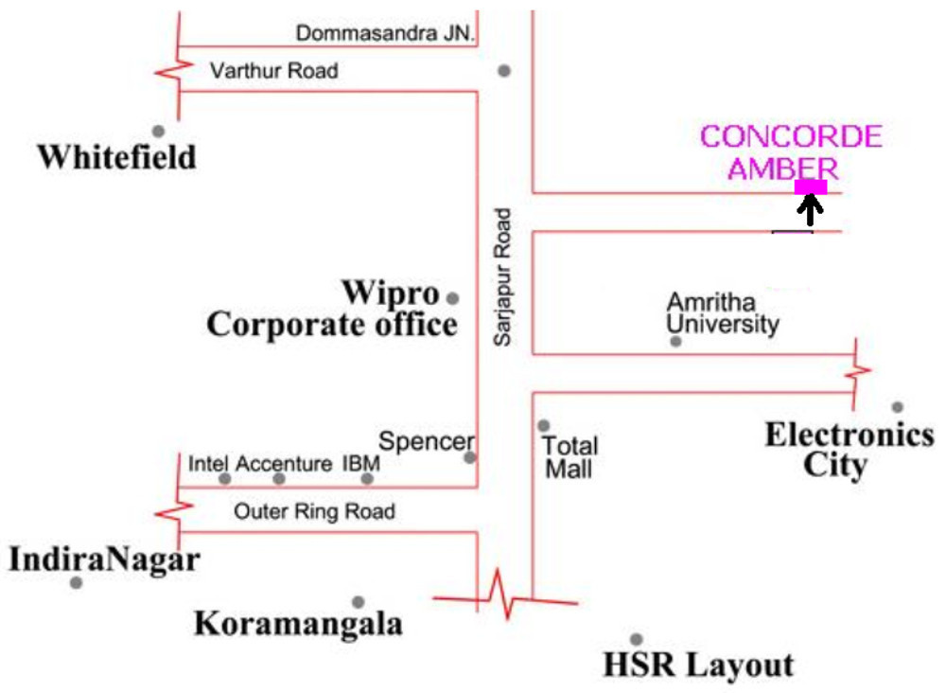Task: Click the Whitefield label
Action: point(116,156)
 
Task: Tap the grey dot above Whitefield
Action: point(158,132)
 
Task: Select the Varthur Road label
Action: point(273,71)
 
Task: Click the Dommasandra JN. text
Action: point(386,34)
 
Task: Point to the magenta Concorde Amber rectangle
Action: point(811,187)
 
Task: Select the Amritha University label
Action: point(723,313)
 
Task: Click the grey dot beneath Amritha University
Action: point(675,341)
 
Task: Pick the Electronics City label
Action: point(849,450)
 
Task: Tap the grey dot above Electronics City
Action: point(897,407)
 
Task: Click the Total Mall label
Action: point(569,455)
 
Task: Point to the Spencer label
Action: point(426,441)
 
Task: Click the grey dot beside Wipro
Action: point(452,298)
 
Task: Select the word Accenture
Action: point(283,464)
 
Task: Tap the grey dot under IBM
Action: point(367,478)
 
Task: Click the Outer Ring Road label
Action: point(314,512)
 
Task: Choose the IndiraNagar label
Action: point(104,560)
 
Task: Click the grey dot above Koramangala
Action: point(358,602)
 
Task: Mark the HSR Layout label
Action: point(698,666)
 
